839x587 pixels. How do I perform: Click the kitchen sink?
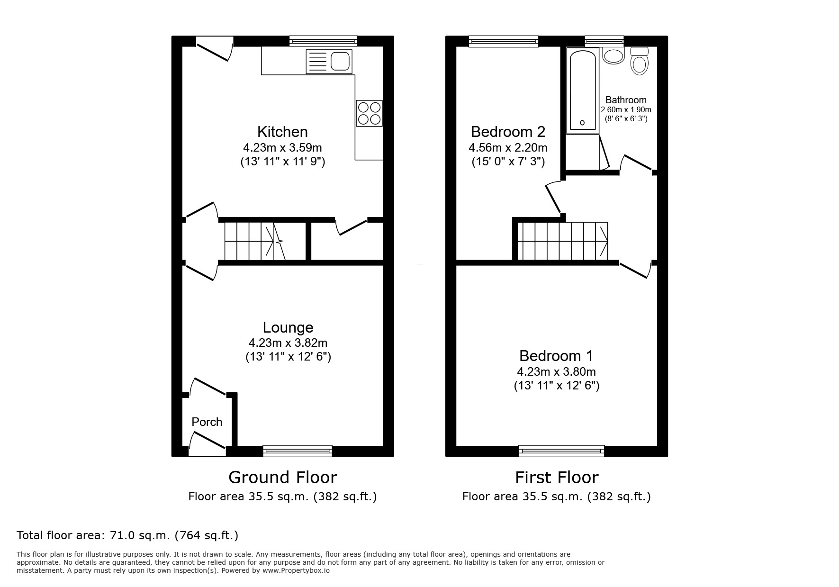coord(329,62)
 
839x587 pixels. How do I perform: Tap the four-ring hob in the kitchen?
coord(369,113)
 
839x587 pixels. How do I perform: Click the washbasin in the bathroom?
coord(613,56)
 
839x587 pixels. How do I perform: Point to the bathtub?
coord(582,90)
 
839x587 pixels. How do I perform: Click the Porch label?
coord(207,422)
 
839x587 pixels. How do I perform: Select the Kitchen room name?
coord(282,132)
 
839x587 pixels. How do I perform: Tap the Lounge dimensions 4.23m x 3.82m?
coord(288,343)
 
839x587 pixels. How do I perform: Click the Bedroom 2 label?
coord(508,132)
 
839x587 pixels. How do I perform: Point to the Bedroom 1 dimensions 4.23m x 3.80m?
coord(557,372)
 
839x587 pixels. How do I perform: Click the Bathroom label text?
coord(626,100)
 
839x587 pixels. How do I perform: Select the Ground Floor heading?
coord(282,477)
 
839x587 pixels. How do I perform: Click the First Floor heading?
coord(557,477)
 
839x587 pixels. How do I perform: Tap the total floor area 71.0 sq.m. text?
coord(127,535)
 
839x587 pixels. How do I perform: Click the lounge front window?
coord(298,451)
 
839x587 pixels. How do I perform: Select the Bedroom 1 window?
coord(561,451)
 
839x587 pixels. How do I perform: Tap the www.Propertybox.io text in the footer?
coord(296,570)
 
